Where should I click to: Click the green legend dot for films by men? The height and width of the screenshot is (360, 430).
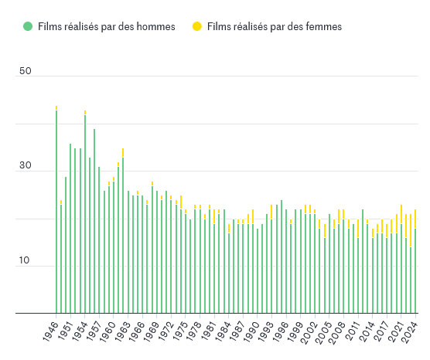28,27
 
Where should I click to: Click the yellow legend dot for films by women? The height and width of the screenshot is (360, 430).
197,27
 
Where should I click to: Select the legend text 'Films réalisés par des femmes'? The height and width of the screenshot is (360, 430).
275,27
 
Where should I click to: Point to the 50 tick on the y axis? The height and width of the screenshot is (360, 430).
26,71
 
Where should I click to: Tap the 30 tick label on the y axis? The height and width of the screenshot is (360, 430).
26,166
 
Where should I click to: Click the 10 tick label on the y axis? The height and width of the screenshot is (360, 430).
26,261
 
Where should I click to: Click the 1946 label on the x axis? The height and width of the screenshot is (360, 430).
50,331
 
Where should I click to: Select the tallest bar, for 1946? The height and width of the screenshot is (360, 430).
56,212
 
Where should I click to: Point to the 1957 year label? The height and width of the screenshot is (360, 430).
94,331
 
